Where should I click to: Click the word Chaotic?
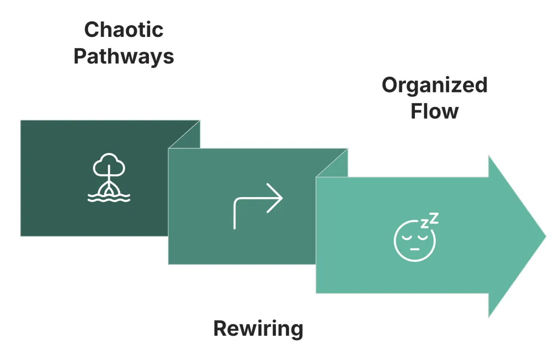coord(124,30)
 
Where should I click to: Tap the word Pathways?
coord(124,57)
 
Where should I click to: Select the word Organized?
coord(434,85)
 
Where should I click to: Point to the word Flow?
coord(434,112)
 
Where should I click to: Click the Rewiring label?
coord(258,329)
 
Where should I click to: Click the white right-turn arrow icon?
coord(258,208)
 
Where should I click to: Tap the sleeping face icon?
coord(415,239)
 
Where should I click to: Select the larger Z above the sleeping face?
coord(434,218)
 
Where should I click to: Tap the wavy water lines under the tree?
coord(109,198)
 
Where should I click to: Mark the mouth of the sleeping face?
coord(414,249)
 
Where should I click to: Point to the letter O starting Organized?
coord(391,85)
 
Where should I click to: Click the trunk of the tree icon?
coord(109,182)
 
